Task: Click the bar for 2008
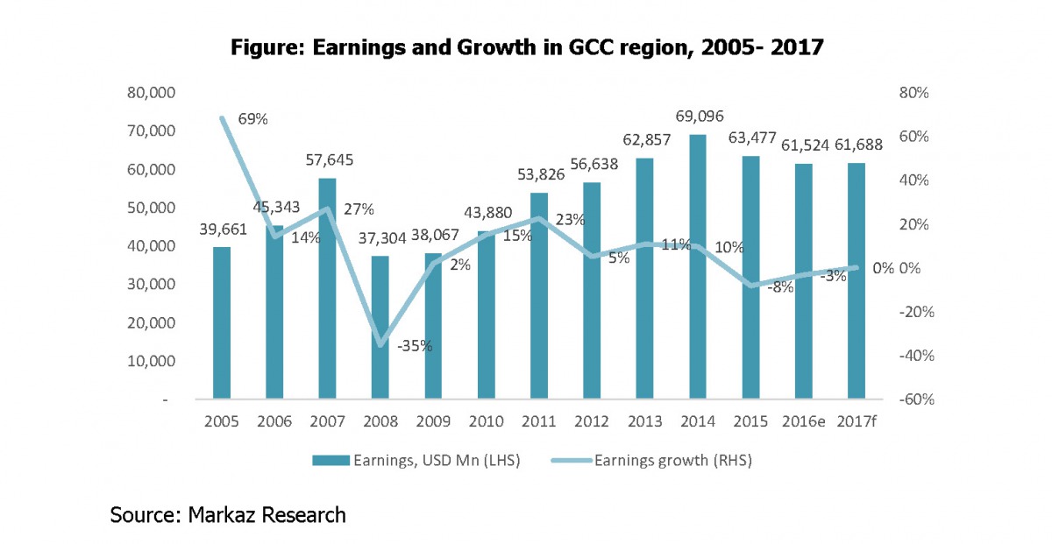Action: click(380, 328)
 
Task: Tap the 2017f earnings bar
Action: click(857, 280)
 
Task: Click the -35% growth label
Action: click(414, 345)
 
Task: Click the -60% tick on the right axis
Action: click(911, 399)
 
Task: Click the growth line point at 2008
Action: click(380, 344)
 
